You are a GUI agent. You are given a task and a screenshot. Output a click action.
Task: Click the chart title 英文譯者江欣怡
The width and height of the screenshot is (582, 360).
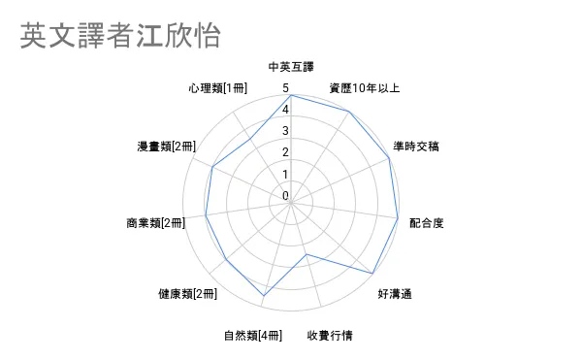point(120,35)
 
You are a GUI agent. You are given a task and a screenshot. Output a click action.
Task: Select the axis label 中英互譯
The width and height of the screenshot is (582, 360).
point(291,67)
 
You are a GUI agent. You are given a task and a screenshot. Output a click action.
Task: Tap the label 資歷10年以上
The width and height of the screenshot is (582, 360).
point(364,88)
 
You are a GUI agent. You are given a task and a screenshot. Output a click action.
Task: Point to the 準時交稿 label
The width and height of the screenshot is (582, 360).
point(416,147)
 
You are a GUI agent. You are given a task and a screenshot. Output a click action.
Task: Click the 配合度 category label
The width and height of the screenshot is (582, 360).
point(427,223)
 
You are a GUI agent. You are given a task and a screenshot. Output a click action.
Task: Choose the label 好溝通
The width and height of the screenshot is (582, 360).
point(395,294)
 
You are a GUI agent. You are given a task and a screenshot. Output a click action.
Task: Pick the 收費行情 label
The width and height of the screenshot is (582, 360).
point(330,336)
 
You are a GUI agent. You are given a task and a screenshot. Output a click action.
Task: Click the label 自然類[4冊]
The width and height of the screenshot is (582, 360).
point(253,336)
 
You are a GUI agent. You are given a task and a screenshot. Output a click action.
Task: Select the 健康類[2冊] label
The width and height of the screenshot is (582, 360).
point(187,294)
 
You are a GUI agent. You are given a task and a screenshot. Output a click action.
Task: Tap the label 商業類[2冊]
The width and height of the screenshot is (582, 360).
point(155,223)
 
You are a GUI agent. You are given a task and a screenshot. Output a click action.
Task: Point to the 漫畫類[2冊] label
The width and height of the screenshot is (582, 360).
point(166,147)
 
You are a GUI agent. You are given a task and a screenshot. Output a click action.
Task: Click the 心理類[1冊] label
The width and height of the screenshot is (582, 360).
point(217,88)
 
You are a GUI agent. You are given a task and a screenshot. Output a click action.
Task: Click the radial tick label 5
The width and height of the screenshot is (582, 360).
point(285,88)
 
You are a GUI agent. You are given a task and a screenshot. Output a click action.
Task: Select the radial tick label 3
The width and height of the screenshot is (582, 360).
point(285,131)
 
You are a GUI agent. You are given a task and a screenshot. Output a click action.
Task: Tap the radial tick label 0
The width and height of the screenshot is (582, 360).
point(285,196)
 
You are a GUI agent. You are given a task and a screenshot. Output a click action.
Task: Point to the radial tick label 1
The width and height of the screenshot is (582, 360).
point(285,174)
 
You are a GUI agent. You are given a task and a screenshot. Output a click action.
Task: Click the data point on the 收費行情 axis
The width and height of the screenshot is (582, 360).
point(307,254)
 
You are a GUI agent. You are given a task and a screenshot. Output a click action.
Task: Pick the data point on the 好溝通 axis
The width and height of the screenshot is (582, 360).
point(372,274)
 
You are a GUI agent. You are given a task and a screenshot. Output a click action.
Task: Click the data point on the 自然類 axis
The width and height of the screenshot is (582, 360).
point(264,296)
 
